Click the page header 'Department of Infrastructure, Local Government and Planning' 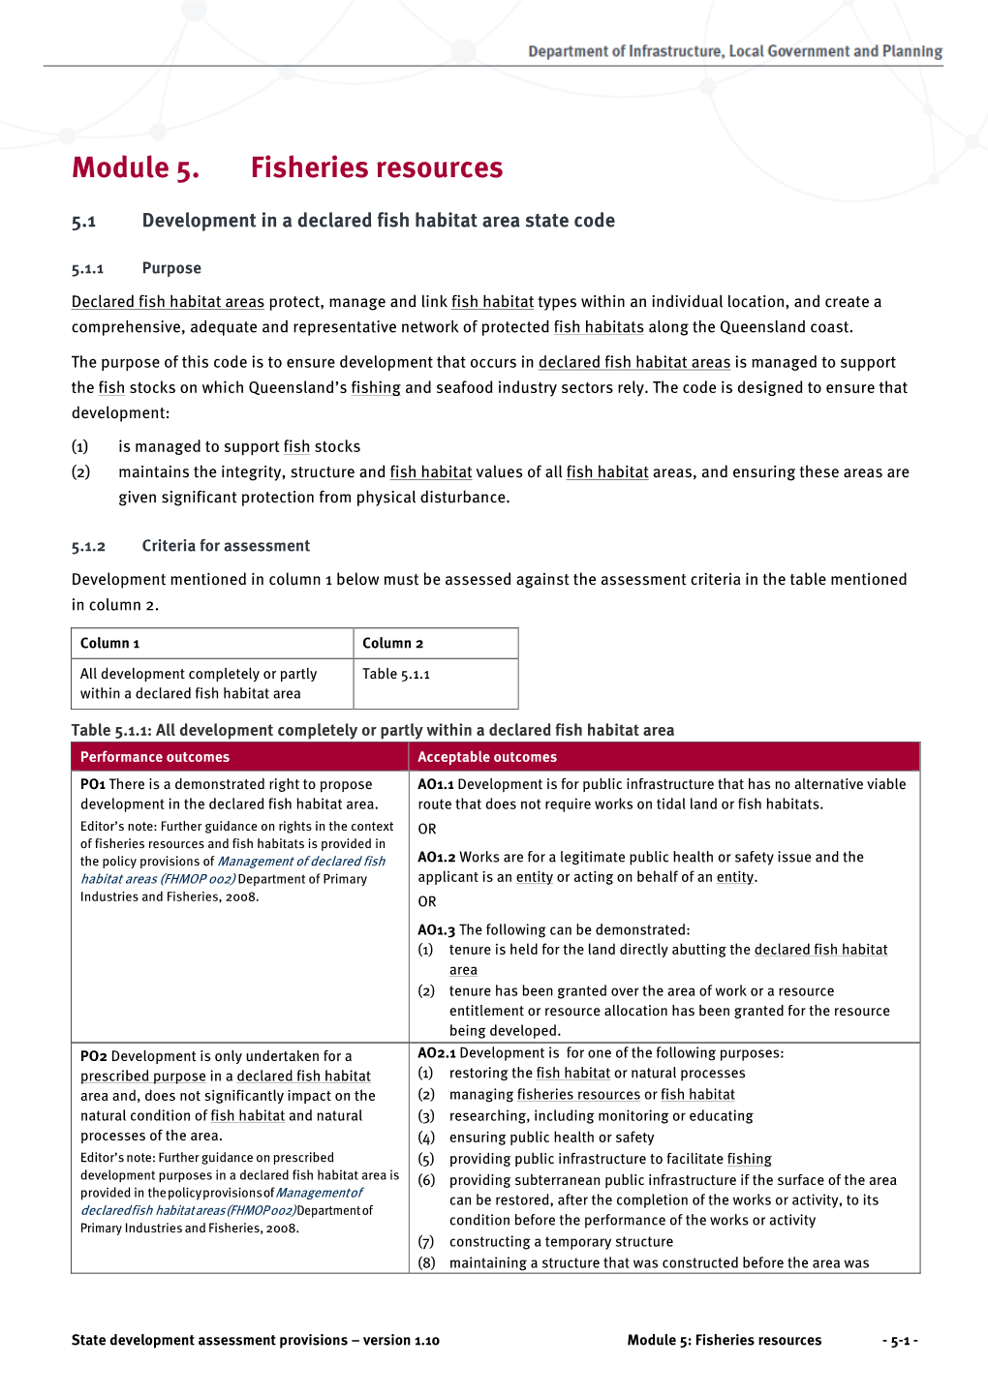[734, 51]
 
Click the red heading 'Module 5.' [136, 168]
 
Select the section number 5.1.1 [87, 269]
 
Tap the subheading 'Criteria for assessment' [226, 546]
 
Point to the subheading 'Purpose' [171, 268]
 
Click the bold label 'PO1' [93, 784]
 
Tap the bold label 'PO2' [94, 1056]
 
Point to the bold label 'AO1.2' [436, 857]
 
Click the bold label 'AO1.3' [436, 929]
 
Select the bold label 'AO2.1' [436, 1053]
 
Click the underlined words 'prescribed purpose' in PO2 [143, 1077]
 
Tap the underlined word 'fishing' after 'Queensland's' [376, 388]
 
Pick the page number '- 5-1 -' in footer [900, 1341]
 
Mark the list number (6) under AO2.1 [426, 1180]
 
